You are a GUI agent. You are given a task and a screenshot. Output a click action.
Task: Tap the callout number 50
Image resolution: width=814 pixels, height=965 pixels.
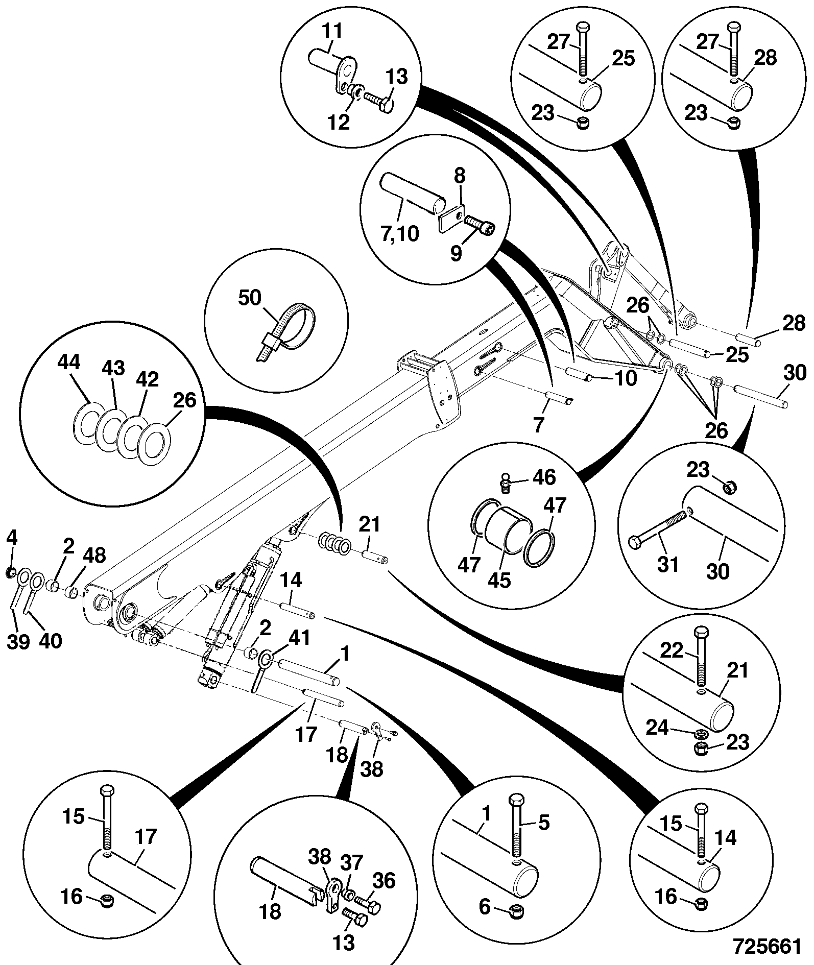pyautogui.click(x=250, y=298)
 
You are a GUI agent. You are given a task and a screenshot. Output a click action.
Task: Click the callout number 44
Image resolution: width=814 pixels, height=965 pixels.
pyautogui.click(x=69, y=363)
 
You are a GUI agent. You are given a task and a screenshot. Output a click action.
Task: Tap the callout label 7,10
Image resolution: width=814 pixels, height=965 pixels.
pyautogui.click(x=399, y=234)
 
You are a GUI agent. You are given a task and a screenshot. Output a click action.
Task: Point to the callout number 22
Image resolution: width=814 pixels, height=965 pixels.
pyautogui.click(x=671, y=651)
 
